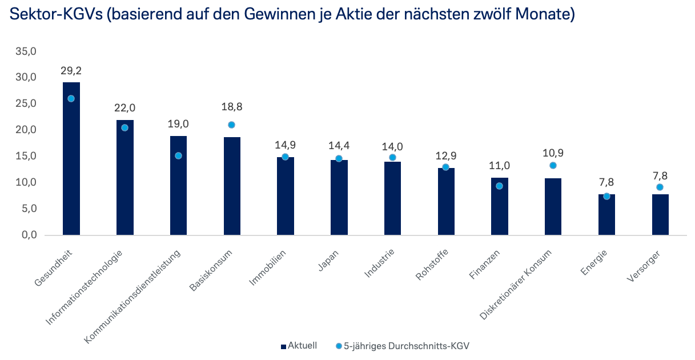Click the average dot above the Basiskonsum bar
click(231, 125)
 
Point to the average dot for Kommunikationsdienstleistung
click(178, 155)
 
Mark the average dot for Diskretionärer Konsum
click(553, 166)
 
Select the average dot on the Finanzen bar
click(499, 186)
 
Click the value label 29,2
click(71, 71)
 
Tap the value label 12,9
click(445, 155)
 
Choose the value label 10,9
click(553, 154)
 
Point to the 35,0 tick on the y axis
click(26, 51)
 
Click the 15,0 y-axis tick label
click(26, 156)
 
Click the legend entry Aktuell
click(298, 346)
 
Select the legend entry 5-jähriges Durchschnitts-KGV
click(405, 346)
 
